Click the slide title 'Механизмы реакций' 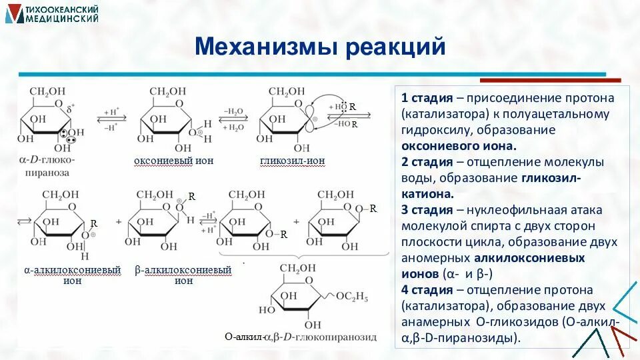click(x=319, y=47)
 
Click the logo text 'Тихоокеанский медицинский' click(x=61, y=14)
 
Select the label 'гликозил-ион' click(x=287, y=161)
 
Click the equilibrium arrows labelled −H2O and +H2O click(x=233, y=119)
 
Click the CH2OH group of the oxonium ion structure click(x=168, y=91)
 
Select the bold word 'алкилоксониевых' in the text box click(x=529, y=258)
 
